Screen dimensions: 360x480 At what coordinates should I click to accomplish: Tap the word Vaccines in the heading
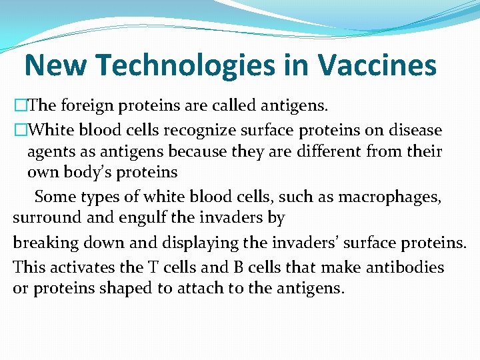(377, 66)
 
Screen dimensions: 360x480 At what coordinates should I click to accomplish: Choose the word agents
(51, 151)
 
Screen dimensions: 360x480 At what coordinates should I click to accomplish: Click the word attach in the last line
(211, 289)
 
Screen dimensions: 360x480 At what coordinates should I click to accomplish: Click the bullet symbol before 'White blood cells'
(20, 129)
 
